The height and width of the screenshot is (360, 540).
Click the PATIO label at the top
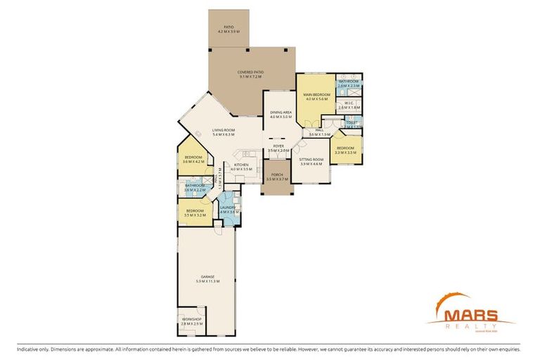tap(229, 27)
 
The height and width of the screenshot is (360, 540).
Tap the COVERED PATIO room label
tap(250, 72)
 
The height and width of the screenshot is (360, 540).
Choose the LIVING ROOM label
tap(224, 130)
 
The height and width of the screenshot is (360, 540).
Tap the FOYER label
tap(278, 146)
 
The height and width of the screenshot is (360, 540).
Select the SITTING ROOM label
tap(311, 160)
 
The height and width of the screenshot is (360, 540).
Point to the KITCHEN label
tap(241, 165)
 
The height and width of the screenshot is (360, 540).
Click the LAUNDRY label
tap(227, 207)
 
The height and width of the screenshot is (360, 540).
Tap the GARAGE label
tap(207, 277)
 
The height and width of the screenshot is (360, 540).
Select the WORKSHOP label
tap(192, 320)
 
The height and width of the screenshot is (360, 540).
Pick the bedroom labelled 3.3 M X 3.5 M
tap(345, 149)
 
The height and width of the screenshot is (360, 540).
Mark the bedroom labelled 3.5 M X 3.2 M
tap(195, 211)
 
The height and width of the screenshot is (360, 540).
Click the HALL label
tap(319, 130)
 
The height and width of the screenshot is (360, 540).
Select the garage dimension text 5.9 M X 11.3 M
tap(207, 281)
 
